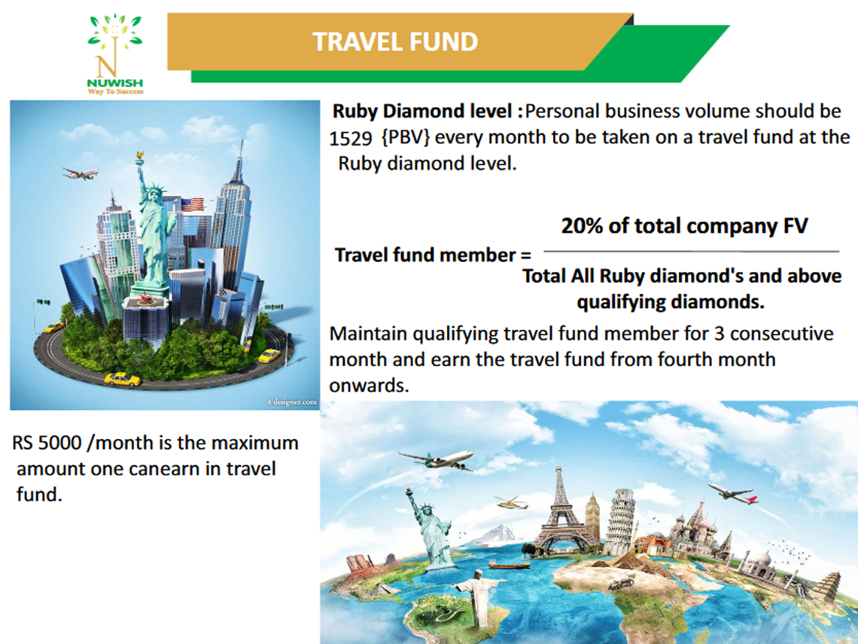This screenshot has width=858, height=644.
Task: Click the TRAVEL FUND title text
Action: click(x=395, y=41)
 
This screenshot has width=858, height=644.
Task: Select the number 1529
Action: click(x=350, y=139)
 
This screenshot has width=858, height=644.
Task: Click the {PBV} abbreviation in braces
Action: click(x=406, y=137)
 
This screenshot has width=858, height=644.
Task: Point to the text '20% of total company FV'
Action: click(x=685, y=226)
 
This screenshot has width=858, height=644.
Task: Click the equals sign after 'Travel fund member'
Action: click(x=525, y=256)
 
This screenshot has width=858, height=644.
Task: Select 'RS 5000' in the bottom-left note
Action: click(x=47, y=442)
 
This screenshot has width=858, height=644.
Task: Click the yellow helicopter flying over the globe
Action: click(x=512, y=502)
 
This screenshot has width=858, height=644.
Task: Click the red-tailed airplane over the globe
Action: click(x=733, y=493)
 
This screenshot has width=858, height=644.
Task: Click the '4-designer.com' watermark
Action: click(x=292, y=402)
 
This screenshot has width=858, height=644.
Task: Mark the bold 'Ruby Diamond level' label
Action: click(x=422, y=111)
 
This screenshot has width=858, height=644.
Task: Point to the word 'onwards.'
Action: click(x=370, y=386)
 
